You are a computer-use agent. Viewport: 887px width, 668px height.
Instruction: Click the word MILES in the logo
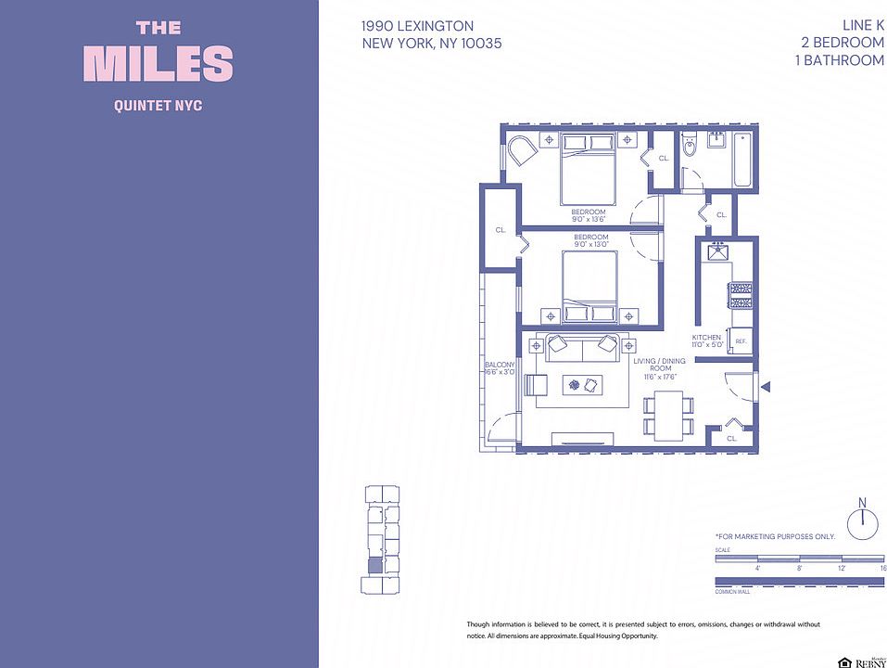coord(158,64)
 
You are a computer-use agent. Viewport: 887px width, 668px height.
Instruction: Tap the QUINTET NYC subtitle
coord(158,106)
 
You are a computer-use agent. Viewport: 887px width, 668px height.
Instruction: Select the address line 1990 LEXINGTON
coord(418,27)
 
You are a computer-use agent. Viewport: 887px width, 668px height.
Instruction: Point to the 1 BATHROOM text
coord(839,60)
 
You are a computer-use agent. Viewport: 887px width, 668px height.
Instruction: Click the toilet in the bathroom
coord(688,148)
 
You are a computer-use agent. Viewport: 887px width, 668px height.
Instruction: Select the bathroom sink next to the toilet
coord(716,140)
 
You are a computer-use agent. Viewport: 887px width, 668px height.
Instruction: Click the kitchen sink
coord(717,251)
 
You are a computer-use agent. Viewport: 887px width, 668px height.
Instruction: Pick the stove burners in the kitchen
coord(741,295)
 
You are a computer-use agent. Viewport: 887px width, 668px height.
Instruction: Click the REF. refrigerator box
coord(741,340)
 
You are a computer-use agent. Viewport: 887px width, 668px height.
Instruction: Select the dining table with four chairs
coord(668,415)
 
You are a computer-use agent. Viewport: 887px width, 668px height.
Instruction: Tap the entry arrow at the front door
coord(765,387)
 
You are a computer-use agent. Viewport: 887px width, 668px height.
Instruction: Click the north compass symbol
coord(862,521)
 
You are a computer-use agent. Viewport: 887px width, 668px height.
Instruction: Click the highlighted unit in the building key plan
coord(374,565)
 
